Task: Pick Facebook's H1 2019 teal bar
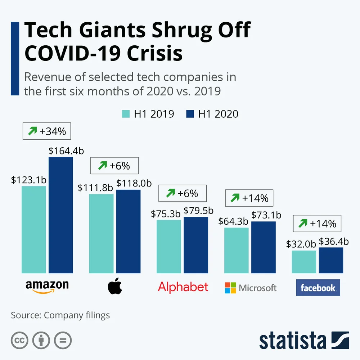[304, 262]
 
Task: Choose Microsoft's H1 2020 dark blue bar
[263, 247]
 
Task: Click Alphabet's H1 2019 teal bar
[169, 246]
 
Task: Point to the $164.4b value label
[66, 151]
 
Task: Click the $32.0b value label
[301, 244]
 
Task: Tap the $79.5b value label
[198, 211]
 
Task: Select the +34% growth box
[47, 132]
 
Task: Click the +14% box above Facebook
[317, 224]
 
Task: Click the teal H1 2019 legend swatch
[126, 114]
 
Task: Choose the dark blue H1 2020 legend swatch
[190, 114]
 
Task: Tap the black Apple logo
[115, 287]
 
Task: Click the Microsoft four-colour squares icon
[230, 288]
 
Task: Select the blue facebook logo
[318, 288]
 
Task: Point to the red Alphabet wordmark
[183, 287]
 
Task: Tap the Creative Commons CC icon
[19, 340]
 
